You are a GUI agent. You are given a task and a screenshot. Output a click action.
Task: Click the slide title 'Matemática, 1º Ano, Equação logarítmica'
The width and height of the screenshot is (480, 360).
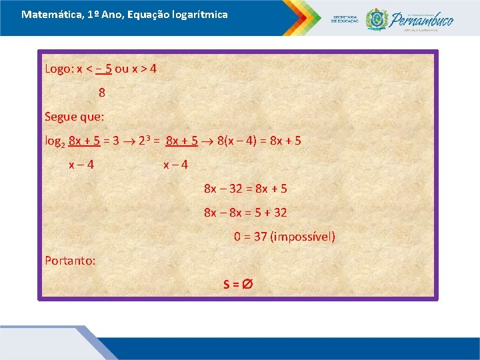[125, 14]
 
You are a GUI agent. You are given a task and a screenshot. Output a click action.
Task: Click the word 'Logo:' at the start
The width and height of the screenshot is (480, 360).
[59, 69]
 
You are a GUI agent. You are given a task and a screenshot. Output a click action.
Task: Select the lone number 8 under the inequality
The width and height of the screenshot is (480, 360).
[102, 93]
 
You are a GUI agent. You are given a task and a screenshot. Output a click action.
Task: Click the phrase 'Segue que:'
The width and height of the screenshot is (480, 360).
[74, 117]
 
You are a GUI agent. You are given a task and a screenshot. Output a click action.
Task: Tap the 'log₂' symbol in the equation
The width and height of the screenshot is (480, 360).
[55, 141]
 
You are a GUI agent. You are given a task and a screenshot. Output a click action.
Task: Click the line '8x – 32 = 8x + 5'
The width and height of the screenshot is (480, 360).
[245, 189]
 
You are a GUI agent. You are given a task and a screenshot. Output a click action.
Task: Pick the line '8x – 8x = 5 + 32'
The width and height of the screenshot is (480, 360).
[245, 213]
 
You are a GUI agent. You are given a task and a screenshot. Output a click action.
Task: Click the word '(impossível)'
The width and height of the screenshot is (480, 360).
[304, 237]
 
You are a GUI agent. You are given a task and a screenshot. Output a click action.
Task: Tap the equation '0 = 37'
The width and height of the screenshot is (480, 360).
[251, 237]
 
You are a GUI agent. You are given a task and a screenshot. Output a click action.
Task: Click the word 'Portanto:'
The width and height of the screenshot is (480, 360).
[70, 261]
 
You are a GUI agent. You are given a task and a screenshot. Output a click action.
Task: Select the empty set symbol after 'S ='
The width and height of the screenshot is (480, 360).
[246, 285]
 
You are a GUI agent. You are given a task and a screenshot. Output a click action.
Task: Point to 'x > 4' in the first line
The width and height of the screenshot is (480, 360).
[144, 69]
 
